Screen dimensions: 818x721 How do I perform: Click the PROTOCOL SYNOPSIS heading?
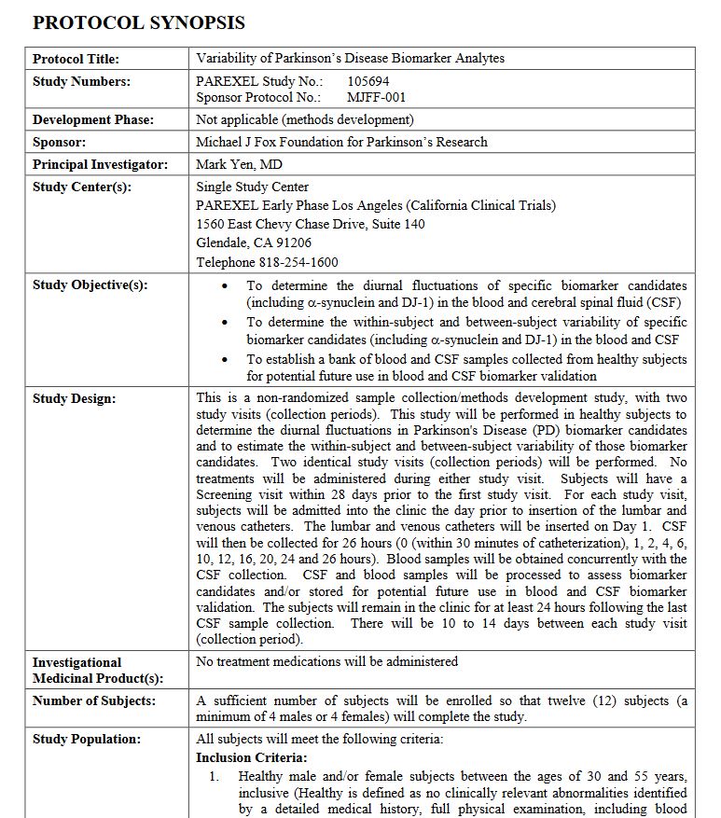pyautogui.click(x=139, y=22)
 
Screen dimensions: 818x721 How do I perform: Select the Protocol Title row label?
pyautogui.click(x=72, y=59)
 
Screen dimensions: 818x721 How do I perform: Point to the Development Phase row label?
pyautogui.click(x=92, y=119)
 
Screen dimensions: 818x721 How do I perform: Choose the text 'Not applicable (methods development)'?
pyautogui.click(x=305, y=119)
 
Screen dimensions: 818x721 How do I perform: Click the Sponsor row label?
pyautogui.click(x=59, y=142)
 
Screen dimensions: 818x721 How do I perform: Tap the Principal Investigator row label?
pyautogui.click(x=100, y=164)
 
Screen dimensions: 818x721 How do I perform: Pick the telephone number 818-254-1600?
pyautogui.click(x=298, y=262)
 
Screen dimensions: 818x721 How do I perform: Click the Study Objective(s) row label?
pyautogui.click(x=90, y=285)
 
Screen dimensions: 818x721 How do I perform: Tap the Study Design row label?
pyautogui.click(x=74, y=399)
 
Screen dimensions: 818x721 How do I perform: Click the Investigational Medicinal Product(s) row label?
pyautogui.click(x=97, y=670)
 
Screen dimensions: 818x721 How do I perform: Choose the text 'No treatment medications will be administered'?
pyautogui.click(x=327, y=661)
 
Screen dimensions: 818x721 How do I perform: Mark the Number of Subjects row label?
pyautogui.click(x=93, y=700)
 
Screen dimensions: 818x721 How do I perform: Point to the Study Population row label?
pyautogui.click(x=86, y=739)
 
